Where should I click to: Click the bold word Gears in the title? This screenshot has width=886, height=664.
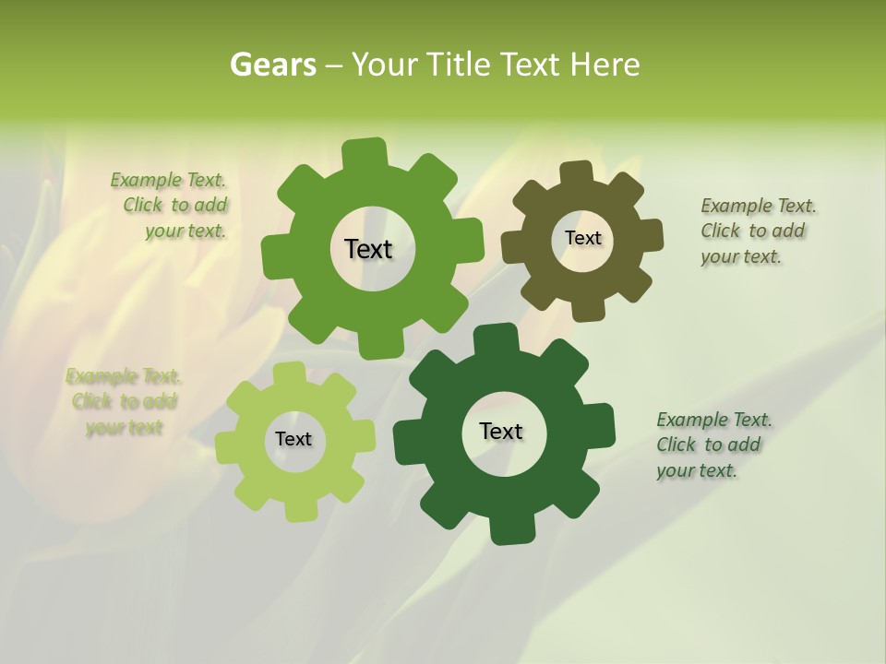tap(273, 65)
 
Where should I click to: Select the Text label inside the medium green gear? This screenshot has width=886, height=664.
tap(368, 249)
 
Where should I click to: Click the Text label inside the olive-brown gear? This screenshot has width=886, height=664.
tap(582, 238)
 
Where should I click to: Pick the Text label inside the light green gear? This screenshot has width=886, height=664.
tap(293, 439)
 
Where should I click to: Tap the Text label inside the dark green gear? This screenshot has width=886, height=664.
tap(501, 431)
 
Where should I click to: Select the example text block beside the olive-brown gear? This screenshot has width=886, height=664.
tap(757, 231)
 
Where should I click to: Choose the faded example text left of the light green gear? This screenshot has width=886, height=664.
tap(124, 401)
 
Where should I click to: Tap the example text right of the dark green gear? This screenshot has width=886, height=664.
tap(712, 445)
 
